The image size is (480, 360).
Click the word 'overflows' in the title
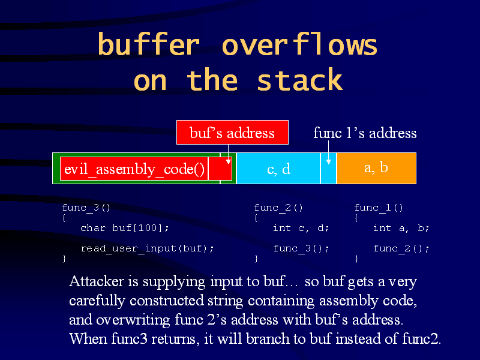(299, 46)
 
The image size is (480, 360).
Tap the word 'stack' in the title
(299, 80)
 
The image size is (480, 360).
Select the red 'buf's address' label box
(232, 133)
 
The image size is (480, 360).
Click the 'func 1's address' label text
(365, 133)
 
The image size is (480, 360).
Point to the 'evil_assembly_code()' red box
(134, 169)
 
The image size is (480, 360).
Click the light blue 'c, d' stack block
(278, 169)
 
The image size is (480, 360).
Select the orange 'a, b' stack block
(376, 167)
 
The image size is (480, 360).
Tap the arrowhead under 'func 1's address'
(328, 161)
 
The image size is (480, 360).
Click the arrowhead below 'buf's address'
(229, 161)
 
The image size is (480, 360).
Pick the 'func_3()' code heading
(86, 208)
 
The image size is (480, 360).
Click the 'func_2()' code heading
(278, 208)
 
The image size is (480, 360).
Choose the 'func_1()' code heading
(379, 208)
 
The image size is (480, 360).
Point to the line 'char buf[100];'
(125, 228)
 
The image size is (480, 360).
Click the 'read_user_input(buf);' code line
(147, 248)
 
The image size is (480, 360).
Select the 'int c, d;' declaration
(301, 228)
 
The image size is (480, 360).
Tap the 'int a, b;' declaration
(401, 228)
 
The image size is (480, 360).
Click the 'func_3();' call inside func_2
(301, 248)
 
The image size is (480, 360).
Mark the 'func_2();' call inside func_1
(401, 248)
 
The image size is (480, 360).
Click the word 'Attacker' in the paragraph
(98, 281)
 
